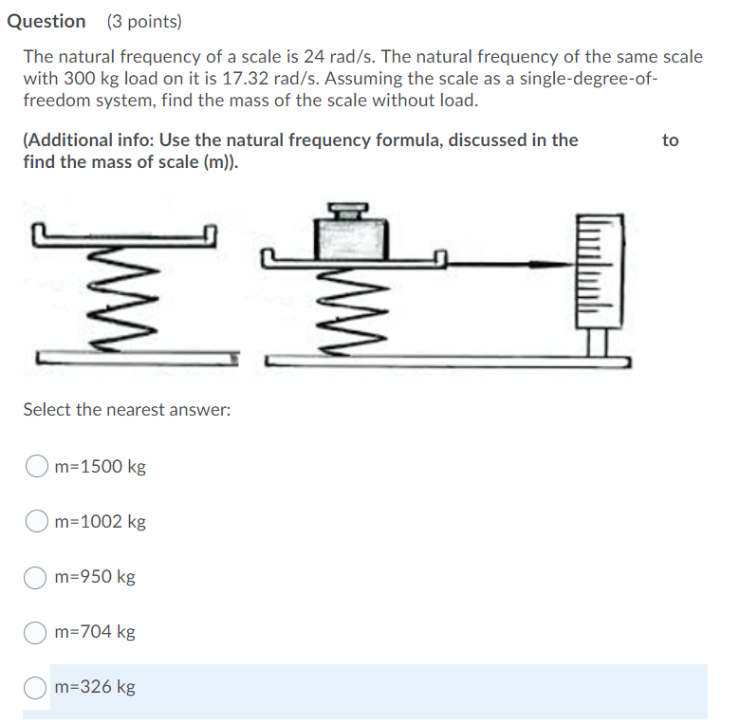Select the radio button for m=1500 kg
(36, 467)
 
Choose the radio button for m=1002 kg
(36, 522)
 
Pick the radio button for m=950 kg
(36, 577)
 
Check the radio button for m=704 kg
(36, 632)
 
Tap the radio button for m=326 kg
(36, 687)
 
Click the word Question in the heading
(46, 21)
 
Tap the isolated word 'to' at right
(671, 140)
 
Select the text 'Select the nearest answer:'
(127, 410)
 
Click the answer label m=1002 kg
(101, 522)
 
